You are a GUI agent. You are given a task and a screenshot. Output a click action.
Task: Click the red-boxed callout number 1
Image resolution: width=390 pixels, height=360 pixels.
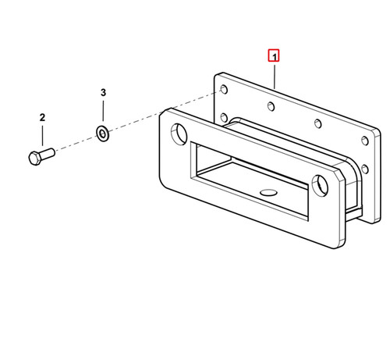274,55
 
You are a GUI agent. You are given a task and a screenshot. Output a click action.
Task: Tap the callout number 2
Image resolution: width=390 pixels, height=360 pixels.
42,117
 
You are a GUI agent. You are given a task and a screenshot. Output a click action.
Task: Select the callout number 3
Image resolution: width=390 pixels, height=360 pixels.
103,92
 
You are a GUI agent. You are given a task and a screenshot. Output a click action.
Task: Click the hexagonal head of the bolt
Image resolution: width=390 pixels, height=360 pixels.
34,158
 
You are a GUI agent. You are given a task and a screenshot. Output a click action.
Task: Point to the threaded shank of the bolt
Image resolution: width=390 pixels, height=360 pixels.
48,153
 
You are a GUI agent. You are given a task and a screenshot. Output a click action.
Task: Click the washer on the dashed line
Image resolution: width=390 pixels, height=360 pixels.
103,134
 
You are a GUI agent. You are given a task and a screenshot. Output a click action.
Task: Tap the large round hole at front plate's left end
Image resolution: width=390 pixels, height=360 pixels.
179,134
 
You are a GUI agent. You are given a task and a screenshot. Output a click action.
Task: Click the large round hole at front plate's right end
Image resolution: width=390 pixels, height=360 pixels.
320,185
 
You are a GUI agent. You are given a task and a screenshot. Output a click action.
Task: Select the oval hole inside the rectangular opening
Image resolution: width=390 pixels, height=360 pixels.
268,193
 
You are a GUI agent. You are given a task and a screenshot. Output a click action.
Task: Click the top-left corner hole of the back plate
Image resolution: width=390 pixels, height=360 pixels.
224,89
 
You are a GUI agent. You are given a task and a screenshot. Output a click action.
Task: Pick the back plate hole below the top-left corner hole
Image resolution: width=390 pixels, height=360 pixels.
224,118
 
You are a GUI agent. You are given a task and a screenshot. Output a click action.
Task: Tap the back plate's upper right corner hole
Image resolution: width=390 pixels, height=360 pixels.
365,141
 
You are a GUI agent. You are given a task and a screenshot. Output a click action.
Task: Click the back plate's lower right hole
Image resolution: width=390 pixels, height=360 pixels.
365,169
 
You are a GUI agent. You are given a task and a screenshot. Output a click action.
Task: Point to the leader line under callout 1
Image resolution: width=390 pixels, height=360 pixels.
275,77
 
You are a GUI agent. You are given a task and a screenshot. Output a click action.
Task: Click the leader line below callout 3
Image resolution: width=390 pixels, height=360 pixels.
103,111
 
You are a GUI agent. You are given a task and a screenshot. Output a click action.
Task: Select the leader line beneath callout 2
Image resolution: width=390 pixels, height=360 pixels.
42,135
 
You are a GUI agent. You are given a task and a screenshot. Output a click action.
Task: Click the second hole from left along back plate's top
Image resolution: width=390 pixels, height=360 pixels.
271,106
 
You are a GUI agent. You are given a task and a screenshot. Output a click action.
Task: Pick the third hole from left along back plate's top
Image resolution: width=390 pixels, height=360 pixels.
318,123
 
